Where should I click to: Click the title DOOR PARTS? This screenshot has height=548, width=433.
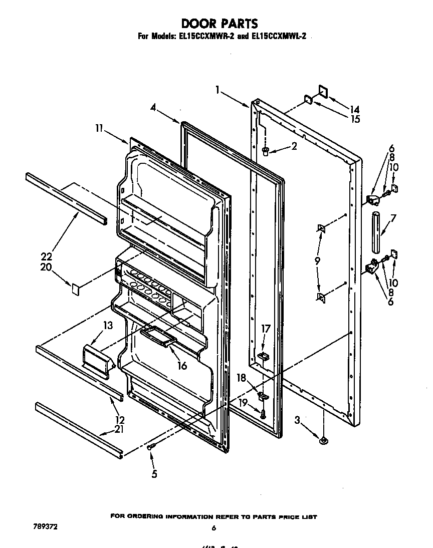(x=219, y=23)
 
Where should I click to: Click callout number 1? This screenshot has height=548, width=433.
(x=218, y=90)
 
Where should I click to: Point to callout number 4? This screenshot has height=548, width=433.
(x=153, y=107)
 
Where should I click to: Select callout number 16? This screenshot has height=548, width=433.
(x=182, y=366)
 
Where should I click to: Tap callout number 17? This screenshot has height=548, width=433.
(x=266, y=329)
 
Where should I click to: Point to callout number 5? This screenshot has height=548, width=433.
(x=154, y=474)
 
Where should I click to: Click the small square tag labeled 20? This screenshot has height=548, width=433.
(x=76, y=288)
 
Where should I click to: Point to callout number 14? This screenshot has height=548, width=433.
(x=355, y=109)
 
